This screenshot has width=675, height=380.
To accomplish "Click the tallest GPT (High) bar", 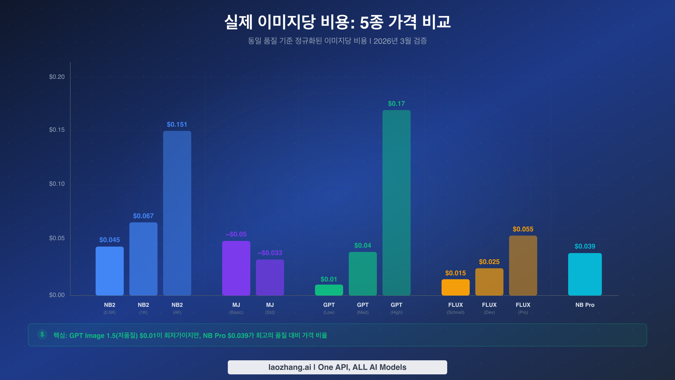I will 396,203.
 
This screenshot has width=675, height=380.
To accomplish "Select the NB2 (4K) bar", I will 177,213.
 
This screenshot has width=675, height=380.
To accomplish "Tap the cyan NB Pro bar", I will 585,274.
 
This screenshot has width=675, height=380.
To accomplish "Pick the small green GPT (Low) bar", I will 329,290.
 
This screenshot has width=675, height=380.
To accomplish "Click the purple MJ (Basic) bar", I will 236,268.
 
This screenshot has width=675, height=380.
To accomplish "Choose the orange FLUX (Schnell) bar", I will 455,287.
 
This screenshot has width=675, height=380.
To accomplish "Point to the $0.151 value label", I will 177,124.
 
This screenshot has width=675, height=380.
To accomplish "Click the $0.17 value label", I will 396,104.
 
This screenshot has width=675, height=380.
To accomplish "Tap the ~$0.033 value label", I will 270,253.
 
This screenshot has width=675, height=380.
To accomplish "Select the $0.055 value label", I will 523,229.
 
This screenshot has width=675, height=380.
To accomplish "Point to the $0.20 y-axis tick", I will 57,77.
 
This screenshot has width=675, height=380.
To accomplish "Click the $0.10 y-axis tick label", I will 57,184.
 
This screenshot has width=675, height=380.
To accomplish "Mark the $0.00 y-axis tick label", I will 57,295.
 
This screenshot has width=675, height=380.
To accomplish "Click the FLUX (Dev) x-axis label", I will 489,308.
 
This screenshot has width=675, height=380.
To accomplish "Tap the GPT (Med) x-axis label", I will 363,308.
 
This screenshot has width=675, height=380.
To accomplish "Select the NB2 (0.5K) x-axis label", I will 109,308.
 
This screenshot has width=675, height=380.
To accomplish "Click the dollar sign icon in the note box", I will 42,334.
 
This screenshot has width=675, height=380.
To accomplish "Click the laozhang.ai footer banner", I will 337,367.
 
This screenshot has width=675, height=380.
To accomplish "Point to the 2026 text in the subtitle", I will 382,41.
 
